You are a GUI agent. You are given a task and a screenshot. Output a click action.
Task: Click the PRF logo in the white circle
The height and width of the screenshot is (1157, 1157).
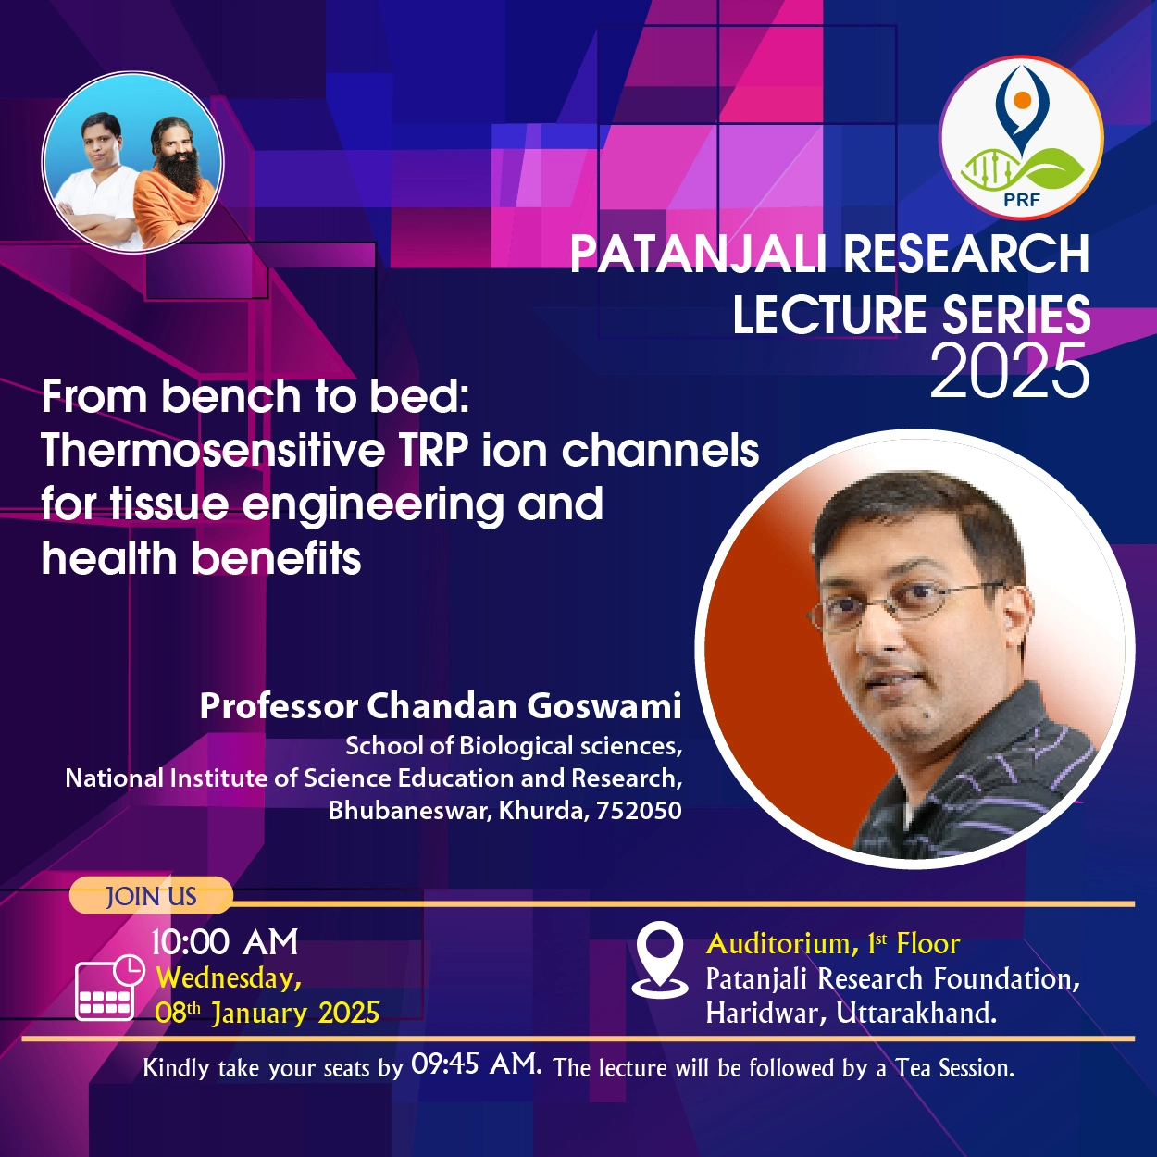pyautogui.click(x=1021, y=137)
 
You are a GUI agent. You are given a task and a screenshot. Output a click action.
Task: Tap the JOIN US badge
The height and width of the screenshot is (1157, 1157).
pyautogui.click(x=151, y=896)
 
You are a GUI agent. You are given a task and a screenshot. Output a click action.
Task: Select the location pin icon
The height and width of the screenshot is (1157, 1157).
pyautogui.click(x=659, y=960)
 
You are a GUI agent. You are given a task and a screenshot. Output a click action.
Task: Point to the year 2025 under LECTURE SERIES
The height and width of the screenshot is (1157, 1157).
pyautogui.click(x=1009, y=370)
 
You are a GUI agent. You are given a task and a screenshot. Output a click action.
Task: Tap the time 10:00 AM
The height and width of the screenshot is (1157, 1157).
pyautogui.click(x=225, y=941)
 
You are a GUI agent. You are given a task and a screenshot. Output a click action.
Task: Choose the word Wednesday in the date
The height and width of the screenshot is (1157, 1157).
pyautogui.click(x=228, y=979)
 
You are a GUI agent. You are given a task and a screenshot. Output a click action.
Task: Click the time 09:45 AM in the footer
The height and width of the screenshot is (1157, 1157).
pyautogui.click(x=477, y=1064)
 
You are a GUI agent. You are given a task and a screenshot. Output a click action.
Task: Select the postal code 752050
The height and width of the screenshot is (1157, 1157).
pyautogui.click(x=639, y=811)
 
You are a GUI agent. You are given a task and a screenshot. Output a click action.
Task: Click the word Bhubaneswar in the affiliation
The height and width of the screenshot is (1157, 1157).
pyautogui.click(x=410, y=811)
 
